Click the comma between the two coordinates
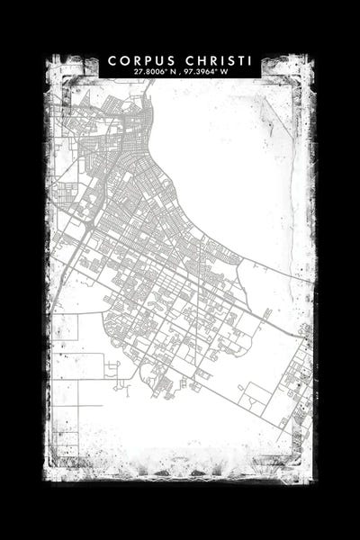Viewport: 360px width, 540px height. [179, 72]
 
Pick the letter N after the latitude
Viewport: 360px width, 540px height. [172, 71]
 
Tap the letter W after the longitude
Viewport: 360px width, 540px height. [224, 71]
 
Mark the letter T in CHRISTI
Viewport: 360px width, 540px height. [240, 60]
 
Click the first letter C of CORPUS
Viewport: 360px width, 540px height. [112, 60]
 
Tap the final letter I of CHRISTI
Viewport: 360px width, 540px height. [250, 60]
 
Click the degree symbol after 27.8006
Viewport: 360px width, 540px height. [166, 69]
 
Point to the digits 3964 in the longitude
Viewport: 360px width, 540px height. [206, 71]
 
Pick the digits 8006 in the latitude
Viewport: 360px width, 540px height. [154, 71]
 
